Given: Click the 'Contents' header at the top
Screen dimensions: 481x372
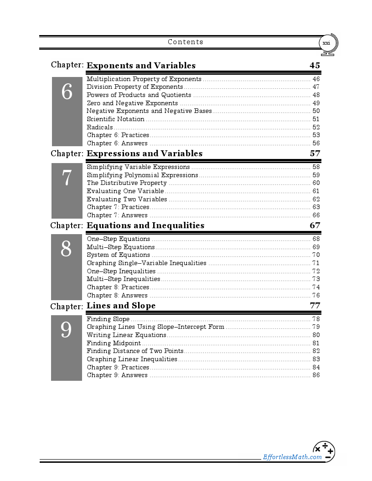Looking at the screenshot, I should tap(186, 42).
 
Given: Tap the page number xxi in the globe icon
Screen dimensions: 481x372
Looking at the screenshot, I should tap(326, 43).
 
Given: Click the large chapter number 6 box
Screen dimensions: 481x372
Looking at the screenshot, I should tap(67, 111).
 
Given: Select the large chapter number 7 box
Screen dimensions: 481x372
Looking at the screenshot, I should tap(67, 190).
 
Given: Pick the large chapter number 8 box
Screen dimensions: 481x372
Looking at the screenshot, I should tap(67, 266).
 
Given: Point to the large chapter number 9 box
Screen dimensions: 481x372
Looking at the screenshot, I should tap(67, 348).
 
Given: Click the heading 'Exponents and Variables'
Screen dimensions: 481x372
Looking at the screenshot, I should tap(141, 66).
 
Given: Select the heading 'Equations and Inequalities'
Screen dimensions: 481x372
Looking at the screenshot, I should tap(145, 225).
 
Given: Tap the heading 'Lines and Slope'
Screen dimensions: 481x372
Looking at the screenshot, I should tap(121, 306).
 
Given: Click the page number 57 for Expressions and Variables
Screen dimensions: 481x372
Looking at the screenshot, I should tap(315, 154).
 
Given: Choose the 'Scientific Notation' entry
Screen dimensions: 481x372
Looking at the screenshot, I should tap(116, 119).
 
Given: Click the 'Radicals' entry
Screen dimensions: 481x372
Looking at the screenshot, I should tap(100, 128).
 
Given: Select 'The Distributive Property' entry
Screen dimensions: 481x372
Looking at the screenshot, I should tap(127, 183).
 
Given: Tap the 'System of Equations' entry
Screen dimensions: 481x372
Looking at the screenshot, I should tap(119, 255).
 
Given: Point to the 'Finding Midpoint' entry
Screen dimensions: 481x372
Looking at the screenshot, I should tap(114, 343).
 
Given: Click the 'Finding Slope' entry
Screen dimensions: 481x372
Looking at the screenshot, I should tap(108, 319).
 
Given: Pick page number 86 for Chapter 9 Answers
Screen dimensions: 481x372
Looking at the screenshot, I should tap(316, 375).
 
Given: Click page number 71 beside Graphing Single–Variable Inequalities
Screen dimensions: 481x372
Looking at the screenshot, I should tap(316, 263).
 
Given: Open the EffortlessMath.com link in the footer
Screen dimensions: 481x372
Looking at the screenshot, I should tap(292, 457).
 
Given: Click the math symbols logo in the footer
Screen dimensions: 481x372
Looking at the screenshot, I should tap(324, 451).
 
